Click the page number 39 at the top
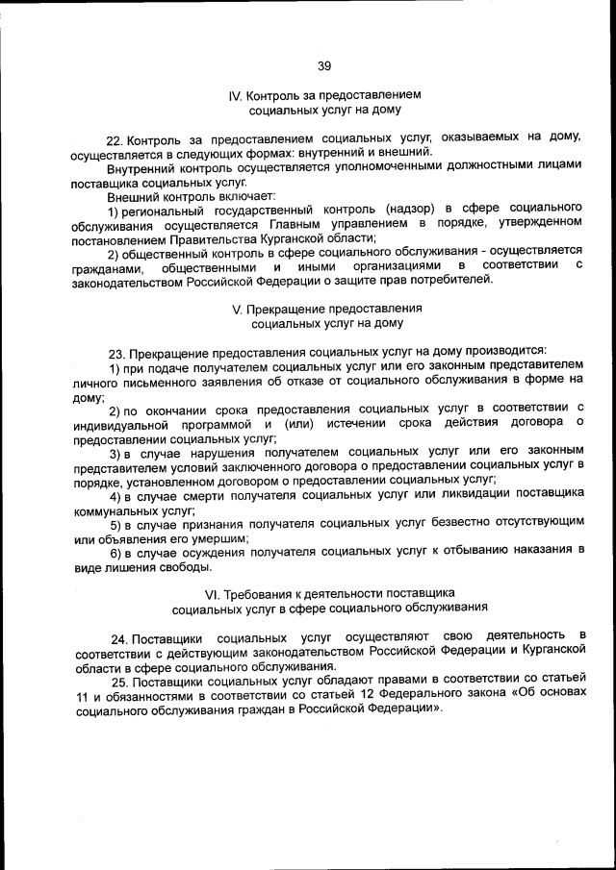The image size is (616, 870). point(323,65)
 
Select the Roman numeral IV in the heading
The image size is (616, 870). point(235,96)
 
